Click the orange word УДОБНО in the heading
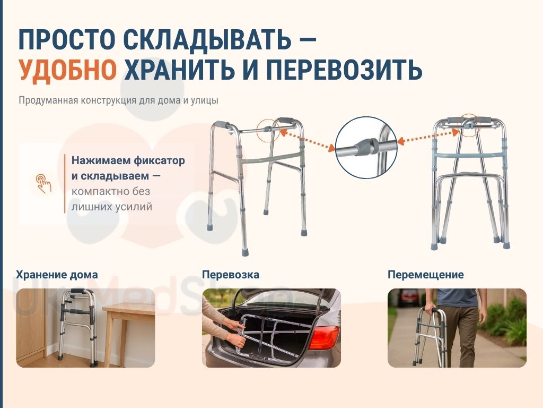coord(68,70)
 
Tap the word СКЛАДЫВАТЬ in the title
coord(207,39)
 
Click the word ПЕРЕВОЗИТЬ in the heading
coord(345,70)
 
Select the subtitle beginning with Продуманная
coord(118,100)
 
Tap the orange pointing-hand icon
coord(43,183)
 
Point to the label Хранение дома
coord(57,275)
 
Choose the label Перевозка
coord(231,275)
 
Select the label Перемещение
coord(426,275)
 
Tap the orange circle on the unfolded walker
coord(268,130)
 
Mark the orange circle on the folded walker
coord(469,125)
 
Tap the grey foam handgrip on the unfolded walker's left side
coord(222,124)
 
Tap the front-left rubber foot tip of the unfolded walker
coord(245,251)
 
